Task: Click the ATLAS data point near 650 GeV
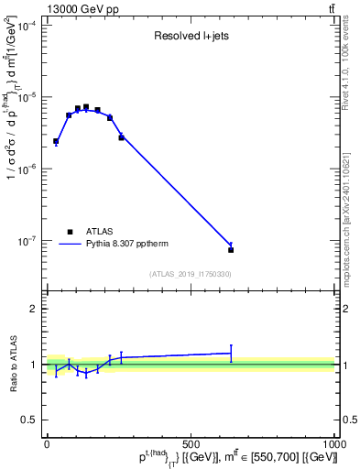[231, 249]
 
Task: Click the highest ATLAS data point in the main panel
[86, 107]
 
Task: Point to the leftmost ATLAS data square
[56, 141]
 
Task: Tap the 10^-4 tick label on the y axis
[28, 26]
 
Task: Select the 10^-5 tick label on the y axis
[28, 98]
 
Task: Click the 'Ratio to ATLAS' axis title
[12, 365]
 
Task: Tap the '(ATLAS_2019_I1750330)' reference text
[190, 274]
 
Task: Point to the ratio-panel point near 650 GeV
[231, 353]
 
